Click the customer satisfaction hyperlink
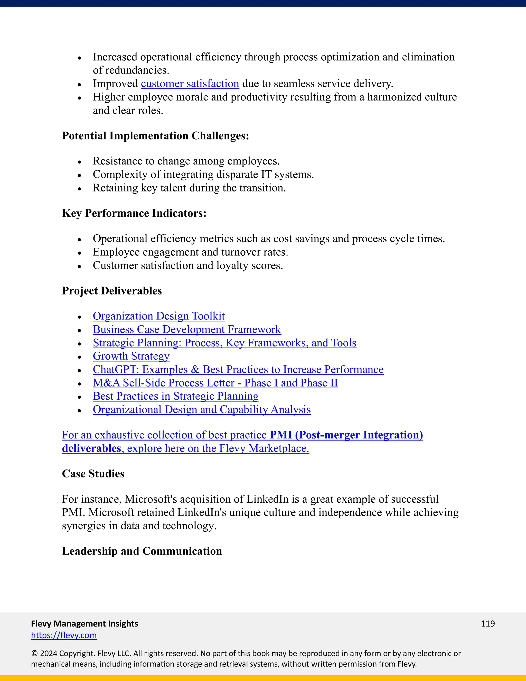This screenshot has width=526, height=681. click(x=190, y=84)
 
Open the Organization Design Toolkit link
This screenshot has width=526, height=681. click(x=159, y=316)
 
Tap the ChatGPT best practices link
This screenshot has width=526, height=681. click(x=238, y=369)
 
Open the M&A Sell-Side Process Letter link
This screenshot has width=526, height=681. click(x=215, y=383)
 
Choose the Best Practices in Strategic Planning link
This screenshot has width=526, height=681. click(x=175, y=396)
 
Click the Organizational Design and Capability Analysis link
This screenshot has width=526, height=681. click(x=202, y=409)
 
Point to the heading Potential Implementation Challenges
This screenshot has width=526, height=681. click(x=155, y=136)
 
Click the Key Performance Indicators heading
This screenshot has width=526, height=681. click(x=134, y=213)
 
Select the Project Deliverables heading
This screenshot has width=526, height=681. click(x=112, y=291)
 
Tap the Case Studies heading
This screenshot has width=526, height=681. click(x=93, y=474)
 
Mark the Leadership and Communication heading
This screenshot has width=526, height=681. click(x=142, y=551)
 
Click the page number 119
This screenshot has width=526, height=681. click(x=487, y=624)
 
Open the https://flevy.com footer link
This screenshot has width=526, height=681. click(x=64, y=635)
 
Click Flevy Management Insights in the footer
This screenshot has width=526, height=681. click(x=84, y=624)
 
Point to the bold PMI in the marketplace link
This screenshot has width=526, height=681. click(x=280, y=435)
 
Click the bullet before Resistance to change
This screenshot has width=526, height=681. click(x=79, y=162)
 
